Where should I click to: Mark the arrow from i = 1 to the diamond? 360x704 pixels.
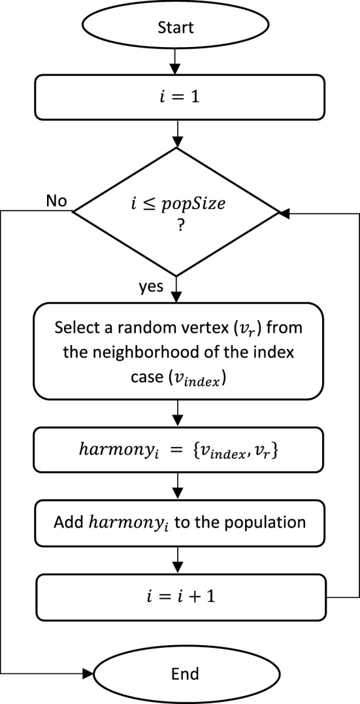(x=174, y=134)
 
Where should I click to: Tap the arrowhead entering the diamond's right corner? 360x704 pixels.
(x=284, y=213)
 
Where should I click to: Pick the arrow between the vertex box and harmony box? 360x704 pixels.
(x=174, y=414)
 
